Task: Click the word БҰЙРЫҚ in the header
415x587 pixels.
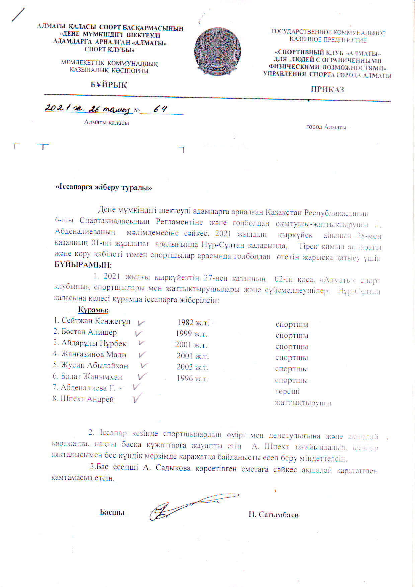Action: [x=109, y=85]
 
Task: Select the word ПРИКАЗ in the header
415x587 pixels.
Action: [x=327, y=89]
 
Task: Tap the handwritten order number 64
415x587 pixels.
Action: [x=160, y=109]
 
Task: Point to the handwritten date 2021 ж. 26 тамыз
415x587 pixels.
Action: [x=88, y=109]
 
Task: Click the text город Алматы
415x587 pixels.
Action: [x=326, y=127]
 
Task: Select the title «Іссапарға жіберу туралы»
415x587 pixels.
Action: [x=103, y=188]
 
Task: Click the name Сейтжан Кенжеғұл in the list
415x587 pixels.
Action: [x=96, y=321]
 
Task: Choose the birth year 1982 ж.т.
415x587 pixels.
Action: [x=193, y=323]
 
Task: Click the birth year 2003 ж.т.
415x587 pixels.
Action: [x=192, y=367]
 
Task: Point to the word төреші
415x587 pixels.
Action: [x=287, y=392]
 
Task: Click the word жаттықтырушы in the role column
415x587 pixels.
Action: [x=303, y=403]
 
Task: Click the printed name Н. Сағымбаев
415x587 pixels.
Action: [x=273, y=515]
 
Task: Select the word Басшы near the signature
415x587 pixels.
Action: [x=112, y=512]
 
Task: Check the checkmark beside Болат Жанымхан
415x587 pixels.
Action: [x=142, y=376]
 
